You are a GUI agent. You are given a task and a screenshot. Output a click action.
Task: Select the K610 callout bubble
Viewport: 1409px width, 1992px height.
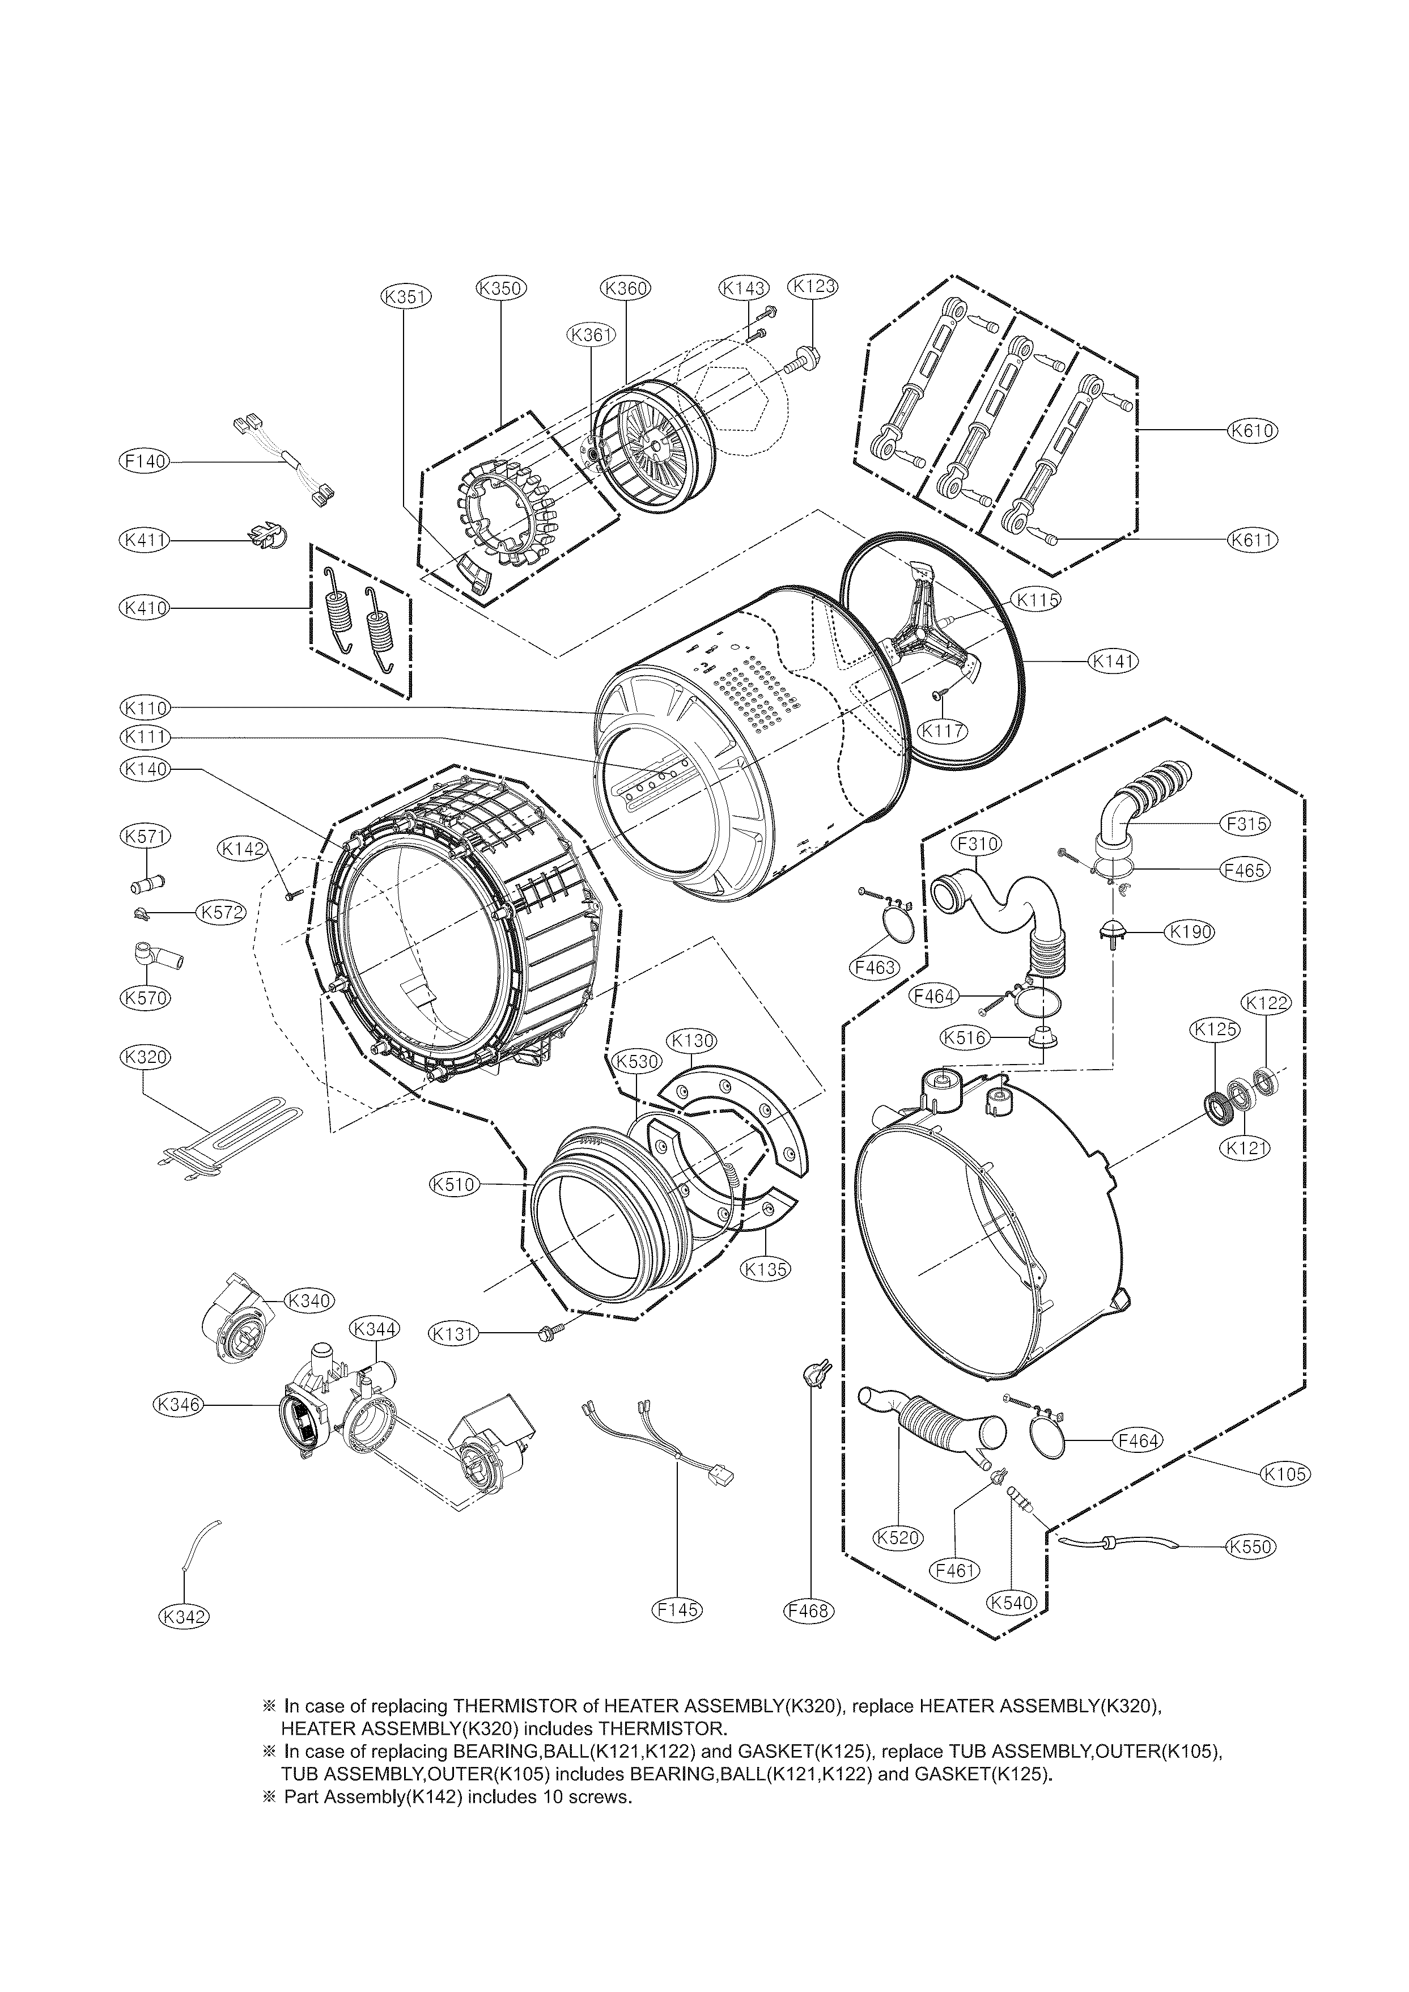point(1253,430)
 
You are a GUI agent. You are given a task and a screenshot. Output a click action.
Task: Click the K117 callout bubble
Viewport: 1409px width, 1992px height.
point(943,731)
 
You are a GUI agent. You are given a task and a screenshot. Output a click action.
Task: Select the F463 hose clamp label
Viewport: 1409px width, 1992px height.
point(874,967)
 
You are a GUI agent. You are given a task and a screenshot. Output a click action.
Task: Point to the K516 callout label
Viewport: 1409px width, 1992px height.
point(966,1037)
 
